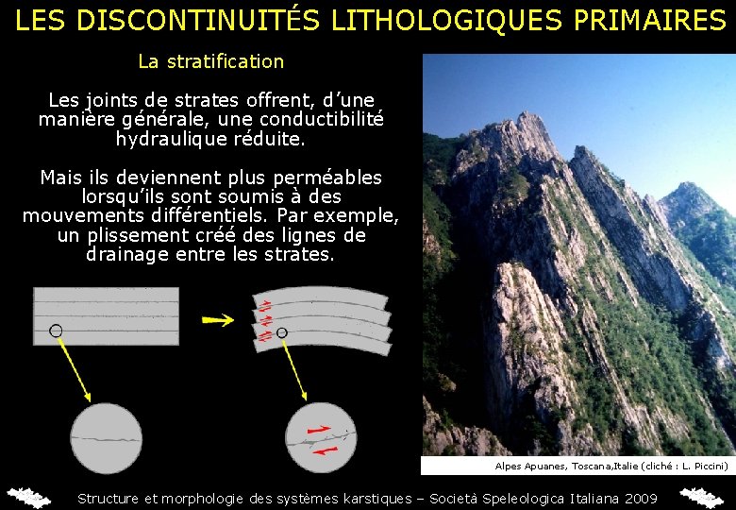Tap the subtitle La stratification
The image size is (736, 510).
[210, 61]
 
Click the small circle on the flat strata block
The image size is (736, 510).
[56, 331]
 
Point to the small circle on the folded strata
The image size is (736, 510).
[281, 332]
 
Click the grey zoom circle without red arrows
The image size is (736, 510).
[105, 438]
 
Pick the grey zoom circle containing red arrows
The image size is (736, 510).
[321, 438]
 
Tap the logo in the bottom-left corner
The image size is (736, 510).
[28, 497]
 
